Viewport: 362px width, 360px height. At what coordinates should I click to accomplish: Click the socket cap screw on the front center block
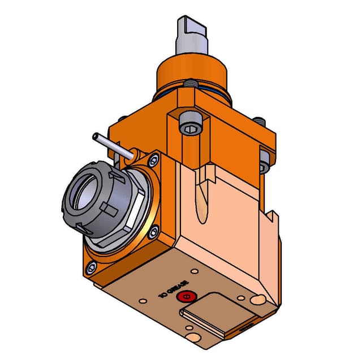pos(189,127)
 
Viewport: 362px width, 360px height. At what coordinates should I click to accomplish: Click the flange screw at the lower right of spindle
pos(153,230)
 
